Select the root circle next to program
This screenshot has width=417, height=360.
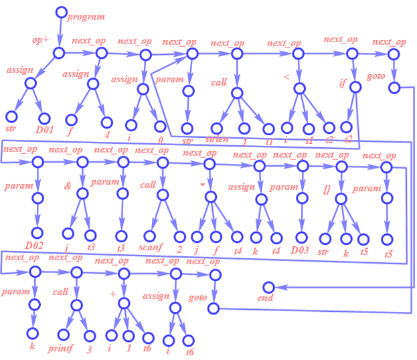point(61,11)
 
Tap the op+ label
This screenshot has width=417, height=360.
point(41,40)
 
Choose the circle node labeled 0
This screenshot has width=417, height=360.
point(160,126)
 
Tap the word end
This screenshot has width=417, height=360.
point(266,298)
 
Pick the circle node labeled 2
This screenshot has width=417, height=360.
point(179,236)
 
